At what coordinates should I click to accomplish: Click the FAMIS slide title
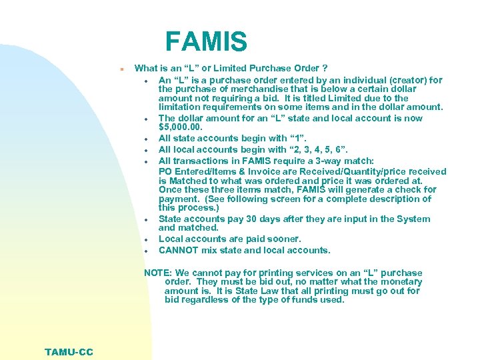(206, 41)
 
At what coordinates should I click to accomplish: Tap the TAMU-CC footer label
(69, 352)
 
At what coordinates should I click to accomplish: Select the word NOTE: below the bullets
(158, 273)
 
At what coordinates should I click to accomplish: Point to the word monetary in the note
(399, 281)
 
